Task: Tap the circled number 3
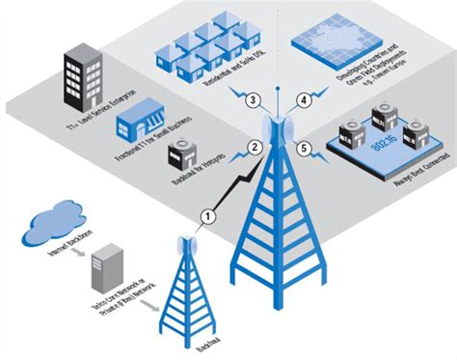[x=251, y=101]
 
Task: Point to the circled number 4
[x=305, y=99]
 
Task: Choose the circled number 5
[x=304, y=150]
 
